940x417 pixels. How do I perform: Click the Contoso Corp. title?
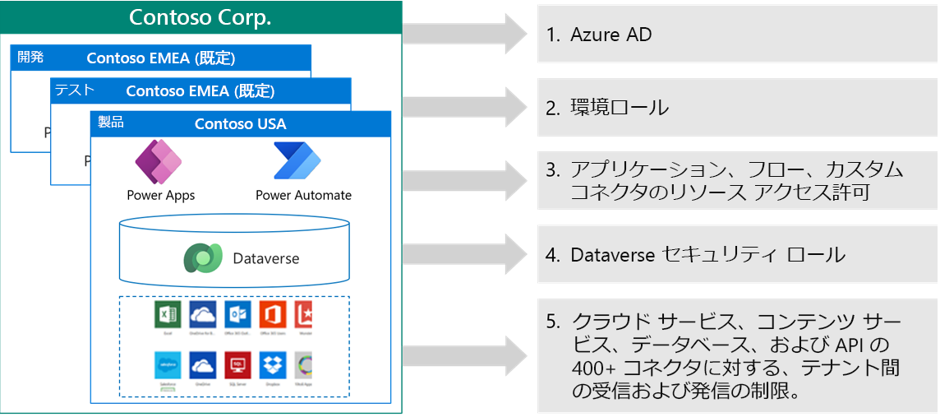point(200,17)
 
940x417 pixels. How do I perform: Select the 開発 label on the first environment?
point(30,58)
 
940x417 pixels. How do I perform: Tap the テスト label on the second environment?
point(74,90)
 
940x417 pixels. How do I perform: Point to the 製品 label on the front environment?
point(111,123)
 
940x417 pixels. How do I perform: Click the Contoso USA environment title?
point(240,124)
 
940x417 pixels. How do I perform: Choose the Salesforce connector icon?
point(167,365)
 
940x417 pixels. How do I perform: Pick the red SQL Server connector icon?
point(237,365)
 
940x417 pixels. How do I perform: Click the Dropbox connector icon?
point(273,365)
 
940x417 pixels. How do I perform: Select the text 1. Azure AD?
point(599,35)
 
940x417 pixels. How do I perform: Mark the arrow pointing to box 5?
point(464,354)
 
